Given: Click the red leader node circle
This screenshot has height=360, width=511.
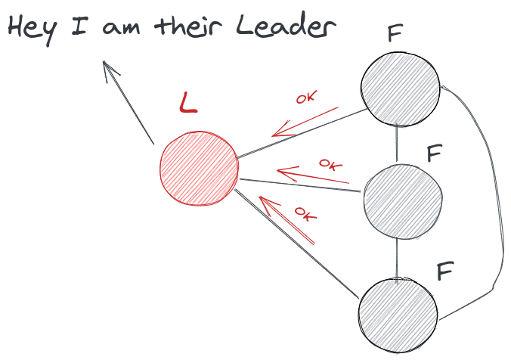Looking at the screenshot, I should [x=199, y=168].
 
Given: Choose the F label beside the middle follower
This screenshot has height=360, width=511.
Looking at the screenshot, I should [x=434, y=154].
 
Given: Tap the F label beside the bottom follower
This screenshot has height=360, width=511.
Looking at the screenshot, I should [x=444, y=270].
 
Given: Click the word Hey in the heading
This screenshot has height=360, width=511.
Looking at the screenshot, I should [x=34, y=29].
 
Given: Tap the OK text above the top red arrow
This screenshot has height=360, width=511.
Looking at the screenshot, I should [x=306, y=98].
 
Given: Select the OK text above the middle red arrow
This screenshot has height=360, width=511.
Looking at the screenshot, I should [x=330, y=163].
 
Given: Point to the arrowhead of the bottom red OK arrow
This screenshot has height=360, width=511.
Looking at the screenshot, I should [x=264, y=201].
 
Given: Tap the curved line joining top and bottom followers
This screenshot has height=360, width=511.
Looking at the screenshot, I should [x=497, y=197].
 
